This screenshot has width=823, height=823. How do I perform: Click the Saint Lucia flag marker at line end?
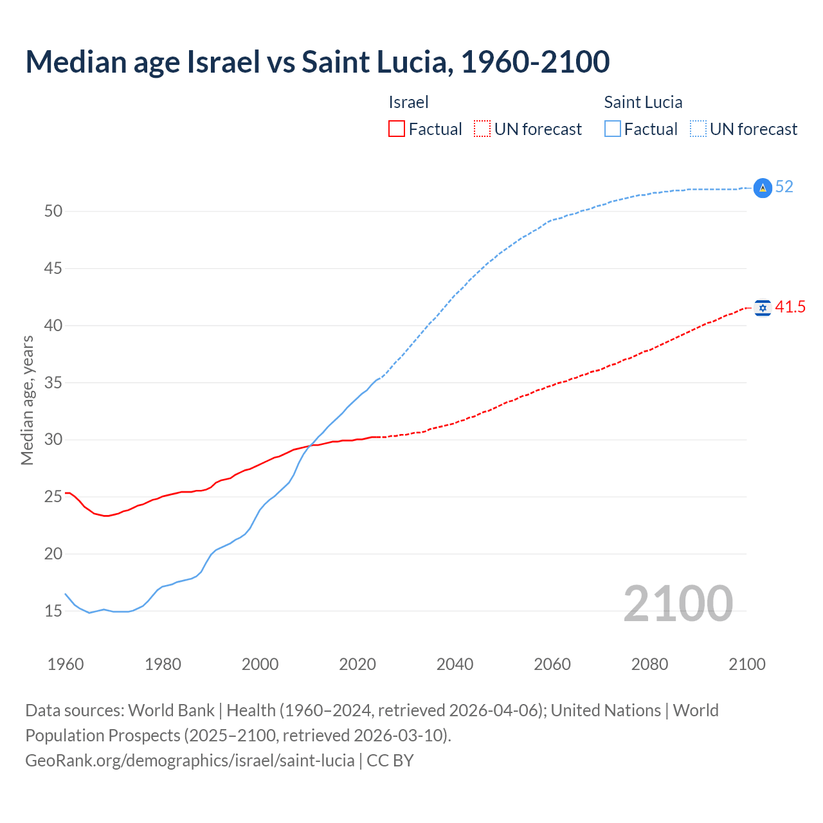click(x=763, y=188)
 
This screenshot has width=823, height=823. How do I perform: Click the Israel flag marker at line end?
click(x=763, y=308)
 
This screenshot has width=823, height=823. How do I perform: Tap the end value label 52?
click(x=784, y=187)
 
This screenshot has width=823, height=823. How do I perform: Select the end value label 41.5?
click(x=790, y=307)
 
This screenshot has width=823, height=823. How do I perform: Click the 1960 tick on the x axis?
click(x=66, y=664)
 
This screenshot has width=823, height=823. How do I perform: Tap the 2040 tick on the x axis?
click(x=455, y=664)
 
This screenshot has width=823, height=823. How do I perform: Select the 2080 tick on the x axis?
click(x=649, y=664)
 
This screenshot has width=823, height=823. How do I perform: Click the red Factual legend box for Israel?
click(x=397, y=129)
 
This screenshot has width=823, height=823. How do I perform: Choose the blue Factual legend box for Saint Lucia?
click(x=613, y=129)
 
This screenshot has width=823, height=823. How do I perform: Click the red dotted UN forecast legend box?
click(x=482, y=129)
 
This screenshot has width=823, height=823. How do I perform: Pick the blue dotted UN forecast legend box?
click(x=698, y=129)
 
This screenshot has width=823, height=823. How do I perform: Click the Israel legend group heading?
click(x=408, y=102)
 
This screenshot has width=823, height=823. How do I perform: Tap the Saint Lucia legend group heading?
click(x=643, y=102)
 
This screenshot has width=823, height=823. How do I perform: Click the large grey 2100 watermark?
click(x=678, y=603)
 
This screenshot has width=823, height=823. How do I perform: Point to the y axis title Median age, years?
click(x=27, y=400)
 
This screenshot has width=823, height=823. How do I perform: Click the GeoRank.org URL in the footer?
click(x=190, y=761)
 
